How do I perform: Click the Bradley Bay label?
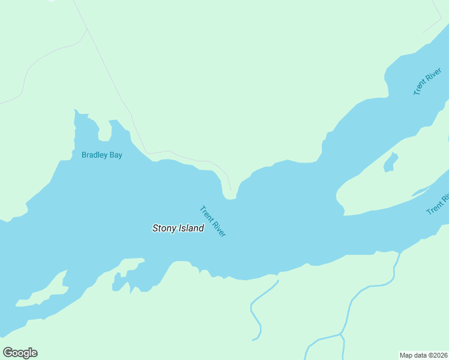point(102,155)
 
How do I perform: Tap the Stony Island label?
point(178,228)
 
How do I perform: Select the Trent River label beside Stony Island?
point(212,221)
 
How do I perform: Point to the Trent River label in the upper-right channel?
point(427,82)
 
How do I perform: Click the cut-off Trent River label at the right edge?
point(438,204)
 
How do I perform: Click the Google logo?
point(20,353)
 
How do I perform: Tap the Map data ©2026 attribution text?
point(423,355)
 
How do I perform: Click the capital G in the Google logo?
point(8,353)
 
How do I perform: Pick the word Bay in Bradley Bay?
point(115,155)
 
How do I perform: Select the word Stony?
point(163,228)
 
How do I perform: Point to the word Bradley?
point(94,155)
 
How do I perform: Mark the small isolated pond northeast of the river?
point(390,162)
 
